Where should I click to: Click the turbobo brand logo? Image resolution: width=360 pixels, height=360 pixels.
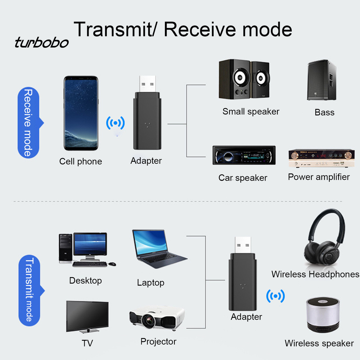41,43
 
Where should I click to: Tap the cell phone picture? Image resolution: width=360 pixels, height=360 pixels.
81,113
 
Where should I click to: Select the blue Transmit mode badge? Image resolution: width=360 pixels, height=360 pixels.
30,290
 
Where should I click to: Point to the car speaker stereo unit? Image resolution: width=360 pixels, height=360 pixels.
244,155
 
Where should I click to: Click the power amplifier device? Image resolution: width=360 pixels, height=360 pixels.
321,158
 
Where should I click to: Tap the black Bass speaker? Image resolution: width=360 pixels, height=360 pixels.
321,80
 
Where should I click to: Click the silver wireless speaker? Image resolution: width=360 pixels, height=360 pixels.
322,314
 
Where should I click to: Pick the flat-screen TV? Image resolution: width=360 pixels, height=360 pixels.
87,316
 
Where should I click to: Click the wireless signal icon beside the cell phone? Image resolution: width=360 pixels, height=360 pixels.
115,123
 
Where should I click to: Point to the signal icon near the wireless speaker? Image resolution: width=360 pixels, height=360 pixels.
275,296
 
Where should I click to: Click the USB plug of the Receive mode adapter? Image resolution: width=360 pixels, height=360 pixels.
147,84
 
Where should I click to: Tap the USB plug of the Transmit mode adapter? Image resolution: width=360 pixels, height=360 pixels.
243,245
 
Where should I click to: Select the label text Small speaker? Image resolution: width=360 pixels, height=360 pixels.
251,112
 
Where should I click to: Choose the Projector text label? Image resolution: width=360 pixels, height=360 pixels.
158,341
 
